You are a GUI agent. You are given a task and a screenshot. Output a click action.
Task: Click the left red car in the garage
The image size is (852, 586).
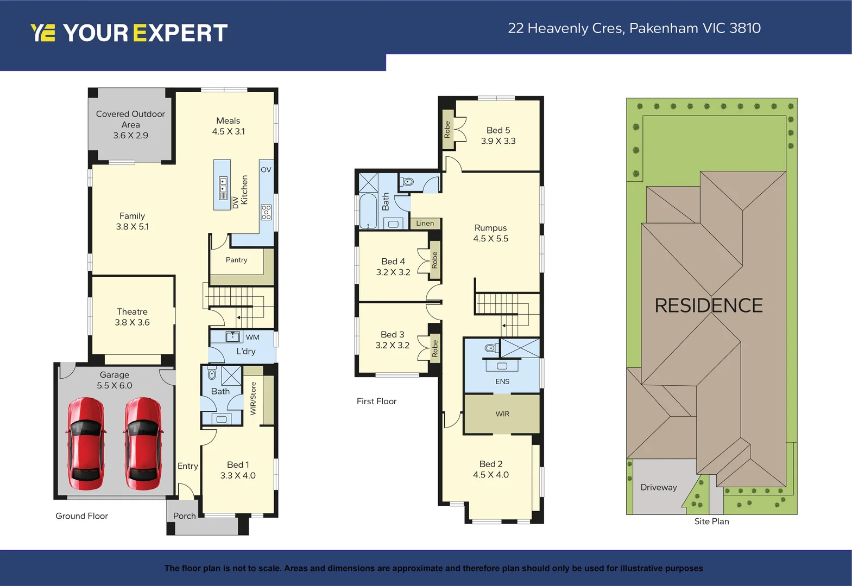(x=86, y=444)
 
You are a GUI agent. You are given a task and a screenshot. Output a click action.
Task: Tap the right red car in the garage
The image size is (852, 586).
(x=143, y=444)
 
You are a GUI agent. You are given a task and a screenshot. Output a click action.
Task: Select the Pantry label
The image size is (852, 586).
(x=236, y=260)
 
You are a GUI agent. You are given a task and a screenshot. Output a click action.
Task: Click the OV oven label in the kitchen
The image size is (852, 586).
(x=266, y=170)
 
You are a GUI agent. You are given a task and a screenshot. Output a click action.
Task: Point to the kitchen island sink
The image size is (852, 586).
(x=223, y=188)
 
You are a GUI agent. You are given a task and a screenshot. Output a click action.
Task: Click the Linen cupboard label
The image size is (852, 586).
(x=425, y=223)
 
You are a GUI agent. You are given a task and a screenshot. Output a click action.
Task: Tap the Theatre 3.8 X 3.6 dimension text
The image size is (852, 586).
(x=132, y=322)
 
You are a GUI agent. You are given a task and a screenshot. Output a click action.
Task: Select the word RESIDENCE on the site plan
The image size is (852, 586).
(x=708, y=305)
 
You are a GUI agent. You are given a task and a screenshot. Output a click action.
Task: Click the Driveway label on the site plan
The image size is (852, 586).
(x=658, y=487)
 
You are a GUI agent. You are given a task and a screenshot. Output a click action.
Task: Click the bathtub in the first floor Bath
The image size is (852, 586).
(x=368, y=211)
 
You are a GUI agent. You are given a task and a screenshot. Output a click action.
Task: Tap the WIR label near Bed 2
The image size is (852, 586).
(x=502, y=414)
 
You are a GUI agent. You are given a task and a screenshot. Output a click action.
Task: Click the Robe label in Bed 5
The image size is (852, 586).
(x=447, y=129)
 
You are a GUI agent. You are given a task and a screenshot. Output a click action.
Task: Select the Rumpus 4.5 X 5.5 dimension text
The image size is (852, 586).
(x=490, y=239)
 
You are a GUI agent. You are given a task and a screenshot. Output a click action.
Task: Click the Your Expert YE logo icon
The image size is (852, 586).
(x=42, y=33)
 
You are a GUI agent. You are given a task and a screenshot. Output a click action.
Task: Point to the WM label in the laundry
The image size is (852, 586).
(x=253, y=337)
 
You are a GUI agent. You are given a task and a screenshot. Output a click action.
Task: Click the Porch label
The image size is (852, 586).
(x=184, y=516)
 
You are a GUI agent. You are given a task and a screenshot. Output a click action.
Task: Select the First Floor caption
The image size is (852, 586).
(x=376, y=401)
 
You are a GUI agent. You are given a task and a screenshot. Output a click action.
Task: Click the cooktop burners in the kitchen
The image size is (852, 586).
(x=266, y=212)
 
